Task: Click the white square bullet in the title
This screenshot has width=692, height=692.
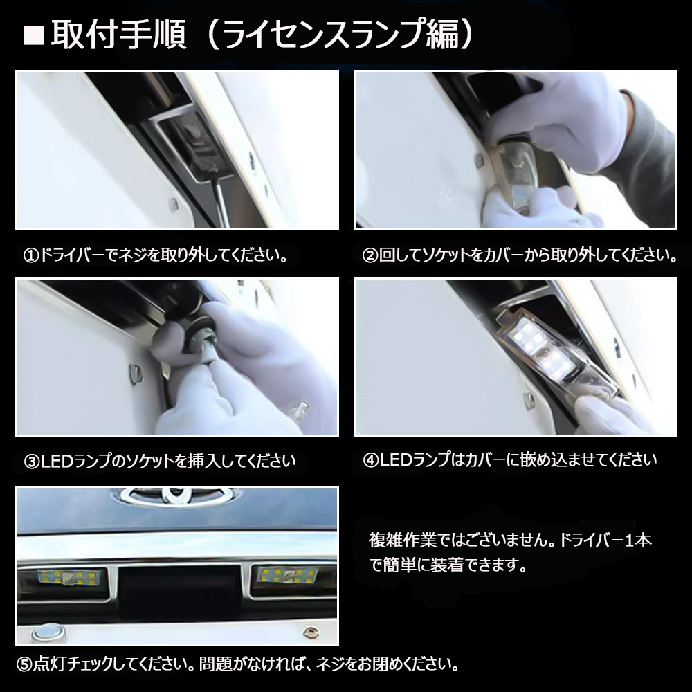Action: coord(33,35)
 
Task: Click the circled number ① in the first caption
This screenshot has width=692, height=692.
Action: coord(31,256)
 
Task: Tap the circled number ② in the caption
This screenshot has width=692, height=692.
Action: coord(370,256)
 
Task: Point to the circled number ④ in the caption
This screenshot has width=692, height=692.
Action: coord(371,460)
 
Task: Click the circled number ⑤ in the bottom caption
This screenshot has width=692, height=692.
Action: coord(24,664)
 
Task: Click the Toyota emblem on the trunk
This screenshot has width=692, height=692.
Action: coord(177,495)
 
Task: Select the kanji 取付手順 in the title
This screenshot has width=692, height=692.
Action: coord(118,35)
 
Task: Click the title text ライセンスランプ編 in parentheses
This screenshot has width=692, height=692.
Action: coord(339,35)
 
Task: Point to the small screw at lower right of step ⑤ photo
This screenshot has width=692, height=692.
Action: coord(311,633)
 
